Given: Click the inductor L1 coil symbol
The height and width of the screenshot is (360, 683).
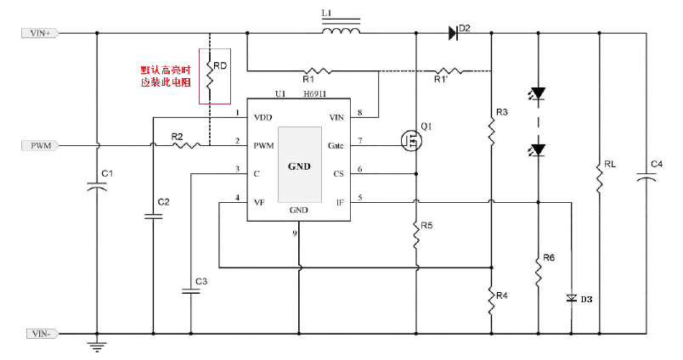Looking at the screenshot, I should (x=341, y=32).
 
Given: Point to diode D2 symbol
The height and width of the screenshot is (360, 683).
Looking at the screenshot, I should (x=454, y=34).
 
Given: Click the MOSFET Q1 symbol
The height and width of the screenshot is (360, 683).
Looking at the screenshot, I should (x=411, y=140).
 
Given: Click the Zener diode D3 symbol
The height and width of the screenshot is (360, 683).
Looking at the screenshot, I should (x=571, y=298).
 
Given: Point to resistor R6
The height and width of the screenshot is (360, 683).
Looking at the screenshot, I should (x=538, y=272).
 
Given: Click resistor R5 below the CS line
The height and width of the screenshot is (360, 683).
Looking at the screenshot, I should (x=415, y=235).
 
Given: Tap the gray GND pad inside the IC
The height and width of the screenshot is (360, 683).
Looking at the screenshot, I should (x=299, y=165).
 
